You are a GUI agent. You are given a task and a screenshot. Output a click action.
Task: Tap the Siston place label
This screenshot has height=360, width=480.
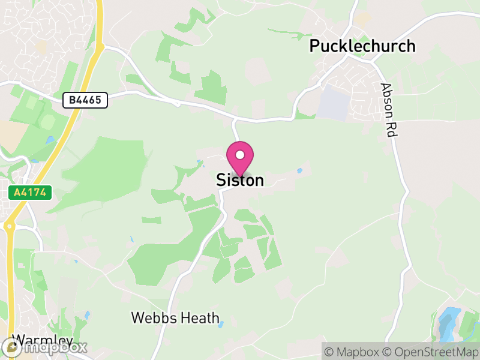[x=240, y=180]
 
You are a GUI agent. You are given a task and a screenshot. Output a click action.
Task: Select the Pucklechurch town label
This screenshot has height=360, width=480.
[x=362, y=46]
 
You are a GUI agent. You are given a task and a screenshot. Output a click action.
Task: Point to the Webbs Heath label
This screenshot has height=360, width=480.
[x=175, y=317]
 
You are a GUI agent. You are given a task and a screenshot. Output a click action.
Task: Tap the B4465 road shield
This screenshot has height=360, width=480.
[x=85, y=100]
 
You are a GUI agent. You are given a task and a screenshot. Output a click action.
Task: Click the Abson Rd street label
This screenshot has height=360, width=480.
[x=389, y=110]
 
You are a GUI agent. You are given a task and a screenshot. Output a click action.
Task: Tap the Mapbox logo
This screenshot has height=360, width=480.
[x=45, y=347]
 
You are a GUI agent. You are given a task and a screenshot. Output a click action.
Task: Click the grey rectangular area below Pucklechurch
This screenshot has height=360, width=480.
[x=334, y=102]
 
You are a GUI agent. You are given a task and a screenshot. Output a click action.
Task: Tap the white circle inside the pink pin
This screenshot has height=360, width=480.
[x=240, y=155]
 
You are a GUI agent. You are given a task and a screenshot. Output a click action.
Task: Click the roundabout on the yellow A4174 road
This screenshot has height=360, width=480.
[x=9, y=227]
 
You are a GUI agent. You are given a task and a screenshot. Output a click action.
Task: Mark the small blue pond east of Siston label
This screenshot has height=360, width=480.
[x=299, y=171]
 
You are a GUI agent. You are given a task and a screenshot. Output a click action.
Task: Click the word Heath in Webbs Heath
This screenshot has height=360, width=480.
[x=200, y=317]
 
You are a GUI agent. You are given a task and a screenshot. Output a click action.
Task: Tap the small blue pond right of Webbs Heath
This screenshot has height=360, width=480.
[x=221, y=325]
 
